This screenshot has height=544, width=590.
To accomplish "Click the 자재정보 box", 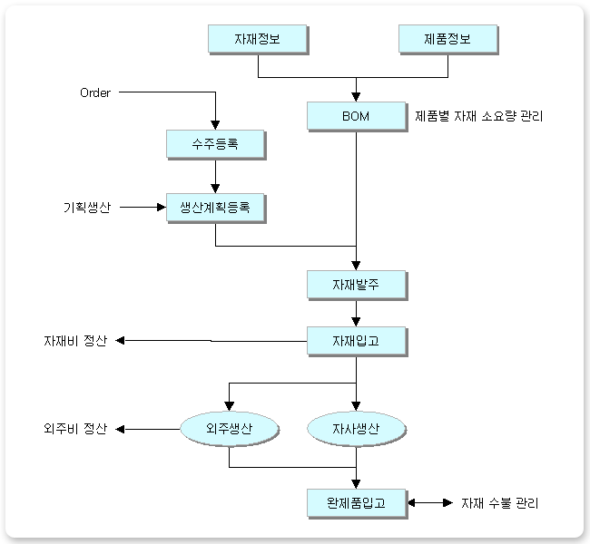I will pyautogui.click(x=258, y=39).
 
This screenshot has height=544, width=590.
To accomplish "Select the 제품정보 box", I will pyautogui.click(x=447, y=39).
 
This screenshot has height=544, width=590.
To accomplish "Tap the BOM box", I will pyautogui.click(x=357, y=116).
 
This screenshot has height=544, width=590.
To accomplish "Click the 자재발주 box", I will pyautogui.click(x=357, y=285).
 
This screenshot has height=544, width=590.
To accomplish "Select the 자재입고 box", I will pyautogui.click(x=357, y=341).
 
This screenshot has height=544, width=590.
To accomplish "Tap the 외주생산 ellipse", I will pyautogui.click(x=229, y=428).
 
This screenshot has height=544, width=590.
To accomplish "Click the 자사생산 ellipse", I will pyautogui.click(x=356, y=428).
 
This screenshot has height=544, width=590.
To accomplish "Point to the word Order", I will pyautogui.click(x=94, y=92).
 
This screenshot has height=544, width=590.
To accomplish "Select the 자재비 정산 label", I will pyautogui.click(x=75, y=342).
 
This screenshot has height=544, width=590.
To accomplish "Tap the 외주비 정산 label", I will pyautogui.click(x=75, y=428).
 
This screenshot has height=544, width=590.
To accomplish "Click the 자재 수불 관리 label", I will pyautogui.click(x=504, y=502).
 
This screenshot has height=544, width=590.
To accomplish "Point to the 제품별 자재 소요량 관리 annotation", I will pyautogui.click(x=478, y=116).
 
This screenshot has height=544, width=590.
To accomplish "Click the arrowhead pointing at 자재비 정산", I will pyautogui.click(x=119, y=341).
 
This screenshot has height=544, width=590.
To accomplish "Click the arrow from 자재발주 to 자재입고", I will pyautogui.click(x=357, y=313).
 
